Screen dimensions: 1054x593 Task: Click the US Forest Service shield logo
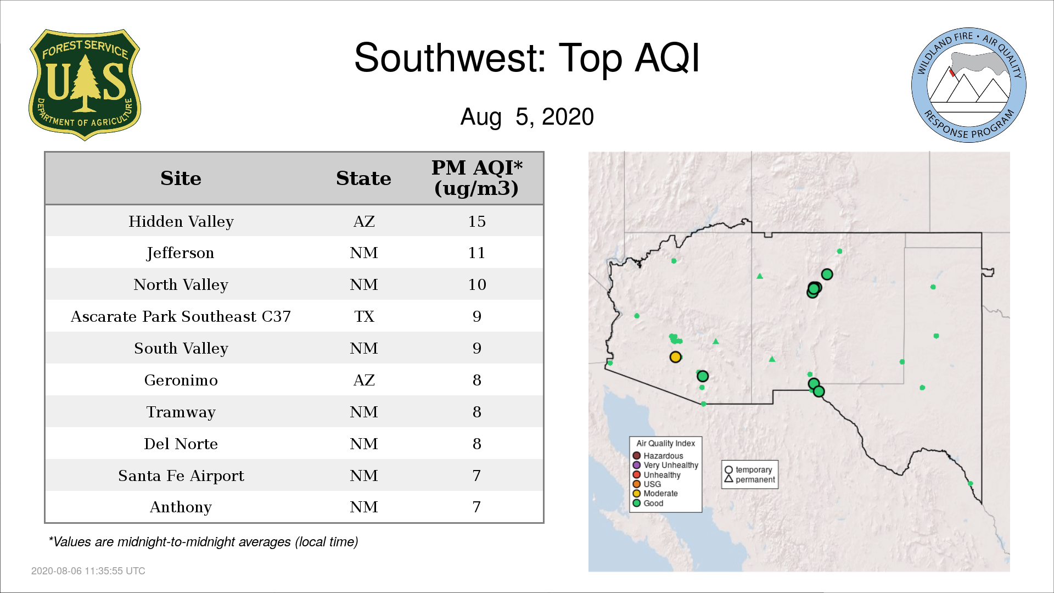pyautogui.click(x=85, y=85)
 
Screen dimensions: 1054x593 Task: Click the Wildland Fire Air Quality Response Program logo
pyautogui.click(x=968, y=85)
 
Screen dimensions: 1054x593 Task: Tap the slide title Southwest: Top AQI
pyautogui.click(x=527, y=58)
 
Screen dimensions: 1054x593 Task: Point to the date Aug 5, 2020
pyautogui.click(x=527, y=117)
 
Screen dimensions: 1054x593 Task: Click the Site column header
pyautogui.click(x=181, y=178)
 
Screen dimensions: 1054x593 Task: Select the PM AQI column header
pyautogui.click(x=476, y=178)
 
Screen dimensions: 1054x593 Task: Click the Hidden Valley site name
pyautogui.click(x=181, y=221)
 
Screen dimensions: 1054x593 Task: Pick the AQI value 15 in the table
pyautogui.click(x=476, y=221)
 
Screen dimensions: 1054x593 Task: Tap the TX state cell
pyautogui.click(x=364, y=316)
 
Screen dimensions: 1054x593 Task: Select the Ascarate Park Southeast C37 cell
pyautogui.click(x=181, y=316)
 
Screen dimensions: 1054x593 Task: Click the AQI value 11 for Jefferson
pyautogui.click(x=476, y=253)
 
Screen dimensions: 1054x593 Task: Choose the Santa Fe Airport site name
pyautogui.click(x=181, y=475)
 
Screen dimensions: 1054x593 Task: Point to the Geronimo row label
pyautogui.click(x=181, y=380)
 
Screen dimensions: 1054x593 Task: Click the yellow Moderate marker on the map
pyautogui.click(x=675, y=357)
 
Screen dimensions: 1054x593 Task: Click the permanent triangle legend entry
pyautogui.click(x=749, y=479)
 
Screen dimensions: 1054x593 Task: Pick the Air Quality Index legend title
pyautogui.click(x=665, y=443)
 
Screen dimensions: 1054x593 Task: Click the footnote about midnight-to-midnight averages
pyautogui.click(x=203, y=542)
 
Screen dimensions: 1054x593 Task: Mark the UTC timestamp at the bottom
pyautogui.click(x=88, y=571)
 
